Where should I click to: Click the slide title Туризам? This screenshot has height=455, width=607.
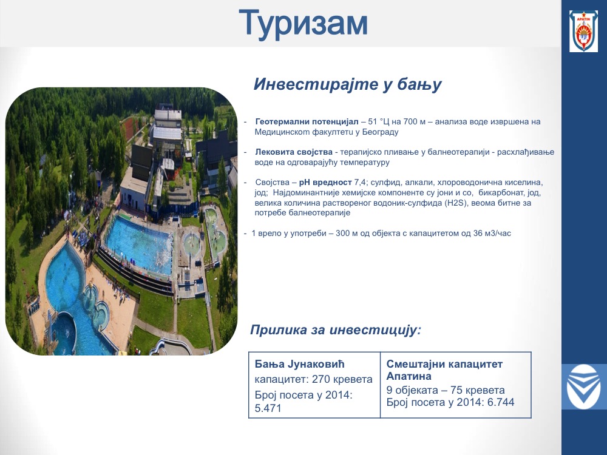[x=303, y=24]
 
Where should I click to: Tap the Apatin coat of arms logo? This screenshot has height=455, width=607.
[x=583, y=32]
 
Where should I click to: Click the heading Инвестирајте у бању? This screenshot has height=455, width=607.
[x=347, y=84]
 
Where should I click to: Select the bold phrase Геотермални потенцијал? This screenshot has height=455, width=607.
[x=307, y=121]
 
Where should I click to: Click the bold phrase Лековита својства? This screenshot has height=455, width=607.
[x=294, y=152]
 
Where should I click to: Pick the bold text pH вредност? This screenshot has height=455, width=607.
[x=325, y=182]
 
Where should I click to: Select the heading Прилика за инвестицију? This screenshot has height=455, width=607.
[x=335, y=330]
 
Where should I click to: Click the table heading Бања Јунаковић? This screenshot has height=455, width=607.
[x=300, y=364]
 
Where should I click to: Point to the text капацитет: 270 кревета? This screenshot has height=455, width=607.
[x=314, y=379]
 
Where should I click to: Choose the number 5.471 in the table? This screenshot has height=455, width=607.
[x=268, y=408]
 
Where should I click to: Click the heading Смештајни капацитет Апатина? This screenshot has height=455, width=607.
[x=444, y=370]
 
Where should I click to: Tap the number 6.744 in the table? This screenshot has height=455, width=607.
[x=501, y=402]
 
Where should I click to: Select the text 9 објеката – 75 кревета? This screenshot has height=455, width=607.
[x=446, y=390]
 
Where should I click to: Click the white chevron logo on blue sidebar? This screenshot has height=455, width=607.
[x=584, y=386]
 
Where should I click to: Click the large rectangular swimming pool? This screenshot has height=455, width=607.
[x=139, y=244]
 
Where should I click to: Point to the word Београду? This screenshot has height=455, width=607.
[x=380, y=132]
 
